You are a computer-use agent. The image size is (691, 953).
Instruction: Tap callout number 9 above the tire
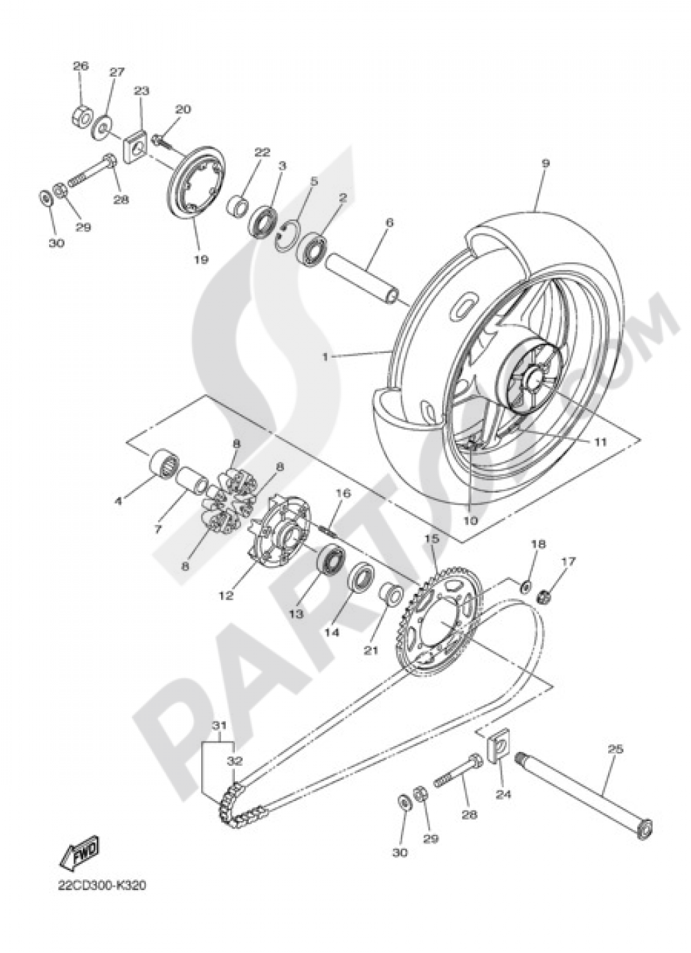(545, 164)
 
